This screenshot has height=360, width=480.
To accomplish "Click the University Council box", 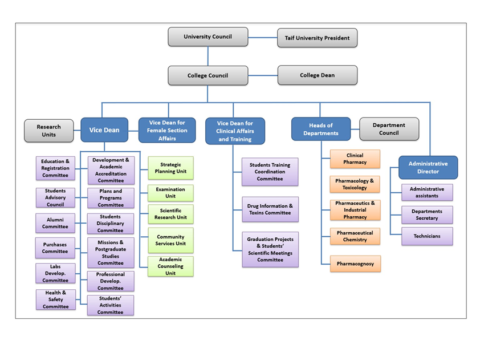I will [208, 37].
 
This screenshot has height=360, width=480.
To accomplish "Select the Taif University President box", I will [317, 38].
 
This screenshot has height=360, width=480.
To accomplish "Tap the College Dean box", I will [317, 75].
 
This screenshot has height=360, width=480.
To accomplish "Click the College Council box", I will [208, 75].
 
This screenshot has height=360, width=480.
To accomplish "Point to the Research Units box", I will [49, 131].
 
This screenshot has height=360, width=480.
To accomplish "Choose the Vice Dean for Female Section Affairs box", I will [167, 130].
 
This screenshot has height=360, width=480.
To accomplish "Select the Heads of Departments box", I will [320, 129].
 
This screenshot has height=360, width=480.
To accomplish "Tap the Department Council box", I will [389, 129].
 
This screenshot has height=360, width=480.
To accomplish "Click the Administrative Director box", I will [428, 167].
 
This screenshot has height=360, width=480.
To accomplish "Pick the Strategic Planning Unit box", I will [170, 168].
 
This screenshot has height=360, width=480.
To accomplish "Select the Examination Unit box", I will [170, 193].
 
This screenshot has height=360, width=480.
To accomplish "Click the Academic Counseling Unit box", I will [170, 266].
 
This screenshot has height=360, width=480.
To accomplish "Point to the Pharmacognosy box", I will [355, 264].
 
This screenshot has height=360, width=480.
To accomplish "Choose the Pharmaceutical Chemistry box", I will [355, 236].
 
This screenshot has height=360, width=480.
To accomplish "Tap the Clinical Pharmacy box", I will [355, 159].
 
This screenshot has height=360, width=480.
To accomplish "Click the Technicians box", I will [427, 236].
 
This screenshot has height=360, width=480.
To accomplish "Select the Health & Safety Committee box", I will [55, 300].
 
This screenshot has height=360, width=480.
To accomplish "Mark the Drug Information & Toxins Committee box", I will [270, 209].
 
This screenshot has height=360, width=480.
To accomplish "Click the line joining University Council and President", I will [262, 38].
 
